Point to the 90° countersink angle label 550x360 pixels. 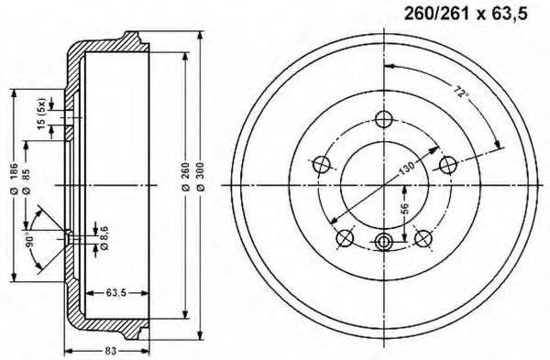[x=30, y=244]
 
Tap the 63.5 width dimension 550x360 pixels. [x=115, y=294]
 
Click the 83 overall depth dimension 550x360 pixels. [x=108, y=351]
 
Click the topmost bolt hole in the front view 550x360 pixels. [x=384, y=120]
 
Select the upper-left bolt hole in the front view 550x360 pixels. [x=321, y=165]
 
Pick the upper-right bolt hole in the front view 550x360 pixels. [x=447, y=164]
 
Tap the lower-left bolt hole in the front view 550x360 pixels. [x=345, y=238]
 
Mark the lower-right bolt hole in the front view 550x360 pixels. [x=423, y=238]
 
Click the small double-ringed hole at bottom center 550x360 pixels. [x=384, y=241]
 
